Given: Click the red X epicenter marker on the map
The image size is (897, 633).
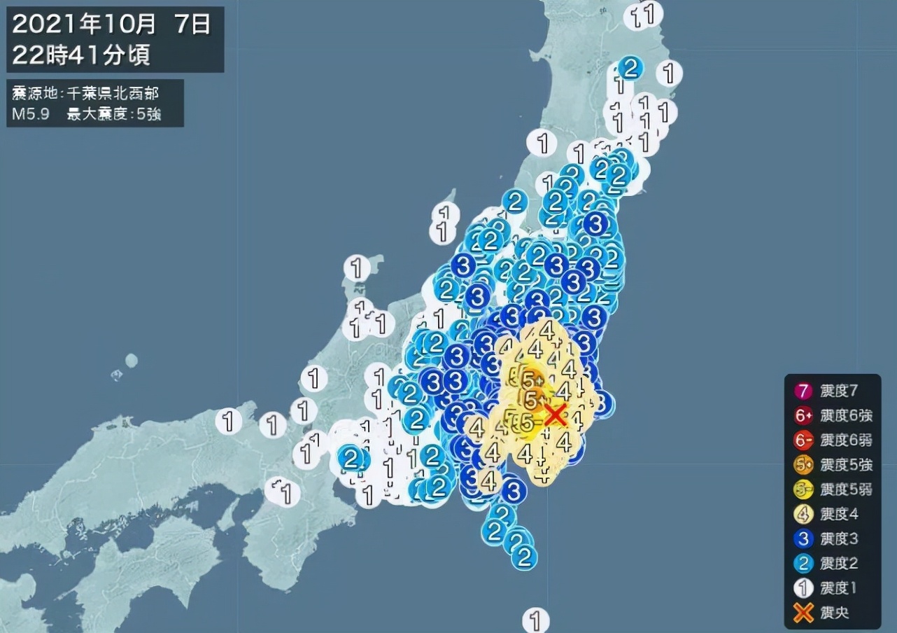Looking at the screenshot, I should pyautogui.click(x=555, y=415).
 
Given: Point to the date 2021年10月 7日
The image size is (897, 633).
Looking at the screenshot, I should pyautogui.click(x=112, y=25).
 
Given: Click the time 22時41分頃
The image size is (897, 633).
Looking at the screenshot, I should pyautogui.click(x=81, y=55).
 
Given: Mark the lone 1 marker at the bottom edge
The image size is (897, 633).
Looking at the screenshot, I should pyautogui.click(x=536, y=620).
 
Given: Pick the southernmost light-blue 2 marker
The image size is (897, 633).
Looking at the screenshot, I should pyautogui.click(x=523, y=556).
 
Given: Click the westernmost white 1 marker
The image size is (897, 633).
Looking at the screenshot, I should pyautogui.click(x=228, y=422).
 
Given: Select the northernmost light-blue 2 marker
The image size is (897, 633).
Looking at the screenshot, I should pyautogui.click(x=630, y=68).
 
